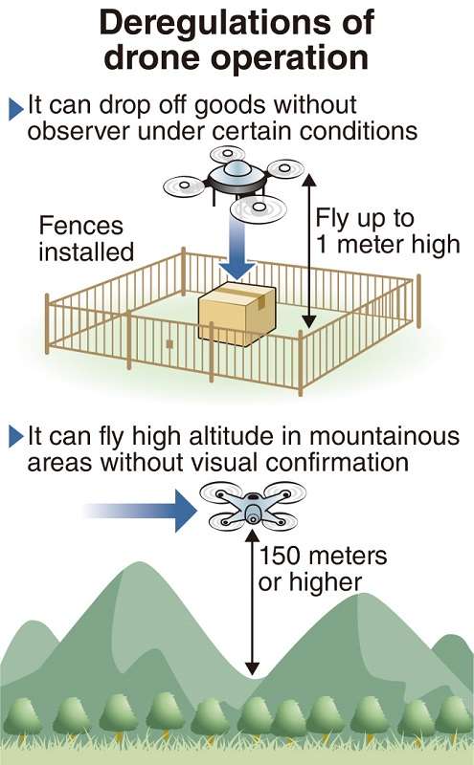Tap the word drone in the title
pyautogui.click(x=153, y=57)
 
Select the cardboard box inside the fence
pyautogui.click(x=237, y=314)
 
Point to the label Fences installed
pyautogui.click(x=86, y=238)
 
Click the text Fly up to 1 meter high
pyautogui.click(x=388, y=231)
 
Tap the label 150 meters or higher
pyautogui.click(x=323, y=569)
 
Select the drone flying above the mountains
pyautogui.click(x=253, y=506)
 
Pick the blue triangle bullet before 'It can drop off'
pyautogui.click(x=15, y=109)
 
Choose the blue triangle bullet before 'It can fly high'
pyautogui.click(x=15, y=437)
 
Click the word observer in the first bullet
pyautogui.click(x=78, y=131)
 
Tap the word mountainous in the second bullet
pyautogui.click(x=384, y=436)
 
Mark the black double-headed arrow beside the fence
pyautogui.click(x=309, y=251)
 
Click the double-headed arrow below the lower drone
pyautogui.click(x=252, y=603)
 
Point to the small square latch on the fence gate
pyautogui.click(x=169, y=344)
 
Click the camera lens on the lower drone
pyautogui.click(x=253, y=514)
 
